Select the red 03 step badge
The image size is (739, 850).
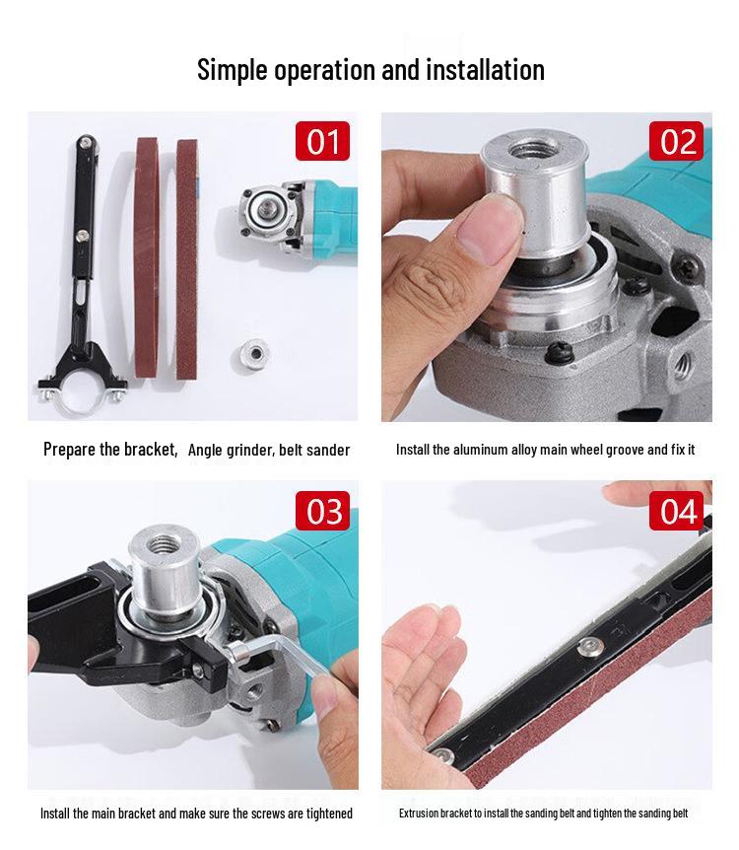click(x=323, y=511)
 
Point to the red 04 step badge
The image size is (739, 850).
click(x=677, y=511)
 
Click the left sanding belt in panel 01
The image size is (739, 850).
click(x=147, y=266)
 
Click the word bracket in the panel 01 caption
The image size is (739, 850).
click(x=150, y=450)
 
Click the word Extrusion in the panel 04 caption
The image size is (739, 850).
click(x=420, y=814)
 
